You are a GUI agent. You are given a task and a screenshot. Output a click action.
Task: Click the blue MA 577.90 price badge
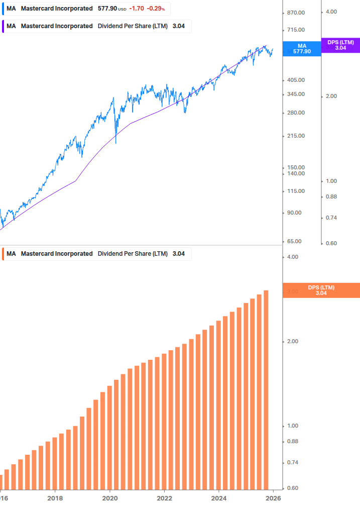tap(302, 49)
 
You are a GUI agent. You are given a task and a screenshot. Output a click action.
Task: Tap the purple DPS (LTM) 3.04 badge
tap(340, 45)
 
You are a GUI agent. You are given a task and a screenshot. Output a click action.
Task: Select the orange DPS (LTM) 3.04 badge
tap(321, 290)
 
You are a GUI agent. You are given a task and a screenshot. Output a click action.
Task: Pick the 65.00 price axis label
tap(292, 242)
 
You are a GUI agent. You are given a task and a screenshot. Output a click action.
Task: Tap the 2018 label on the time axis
tap(55, 498)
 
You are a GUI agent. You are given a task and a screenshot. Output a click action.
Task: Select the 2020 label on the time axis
tap(110, 498)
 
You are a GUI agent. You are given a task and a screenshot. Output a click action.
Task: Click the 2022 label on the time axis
tap(165, 498)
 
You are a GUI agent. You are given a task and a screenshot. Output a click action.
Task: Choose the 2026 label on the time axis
tap(273, 498)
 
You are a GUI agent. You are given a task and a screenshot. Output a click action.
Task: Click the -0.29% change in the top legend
tap(156, 9)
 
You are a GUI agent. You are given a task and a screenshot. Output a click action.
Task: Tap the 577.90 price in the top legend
tap(107, 9)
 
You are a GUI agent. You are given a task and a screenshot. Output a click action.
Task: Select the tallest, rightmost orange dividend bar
tap(266, 389)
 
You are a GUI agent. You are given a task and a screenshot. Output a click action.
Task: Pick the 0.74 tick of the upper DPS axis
tap(331, 218)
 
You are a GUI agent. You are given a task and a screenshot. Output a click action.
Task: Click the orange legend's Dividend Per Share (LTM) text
tap(133, 254)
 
